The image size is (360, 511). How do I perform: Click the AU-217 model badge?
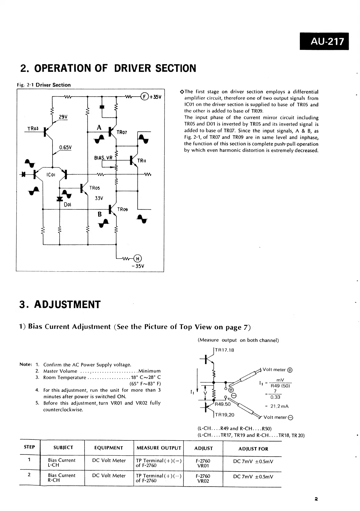(x=324, y=41)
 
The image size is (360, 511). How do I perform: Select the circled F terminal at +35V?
(x=144, y=97)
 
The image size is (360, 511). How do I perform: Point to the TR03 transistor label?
(x=33, y=129)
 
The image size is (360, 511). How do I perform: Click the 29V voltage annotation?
(x=63, y=117)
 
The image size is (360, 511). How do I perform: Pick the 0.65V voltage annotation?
(x=65, y=147)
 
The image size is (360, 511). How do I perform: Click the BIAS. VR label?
(x=103, y=158)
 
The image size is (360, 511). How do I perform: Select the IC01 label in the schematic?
(x=50, y=175)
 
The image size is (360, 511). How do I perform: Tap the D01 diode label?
(x=67, y=204)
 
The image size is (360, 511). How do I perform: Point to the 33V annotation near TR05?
(x=99, y=198)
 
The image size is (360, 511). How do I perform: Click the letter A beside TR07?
(x=99, y=128)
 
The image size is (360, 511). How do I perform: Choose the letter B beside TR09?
(x=100, y=214)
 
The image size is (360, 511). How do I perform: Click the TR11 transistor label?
(x=141, y=161)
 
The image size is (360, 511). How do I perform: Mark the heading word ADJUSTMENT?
(x=67, y=305)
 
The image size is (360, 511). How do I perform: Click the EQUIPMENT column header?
(x=109, y=448)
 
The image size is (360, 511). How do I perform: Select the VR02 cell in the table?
(x=203, y=480)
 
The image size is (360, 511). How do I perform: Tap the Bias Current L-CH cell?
(x=62, y=462)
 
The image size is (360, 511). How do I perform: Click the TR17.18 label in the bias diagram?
(x=225, y=350)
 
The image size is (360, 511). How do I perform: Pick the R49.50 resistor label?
(x=223, y=404)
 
